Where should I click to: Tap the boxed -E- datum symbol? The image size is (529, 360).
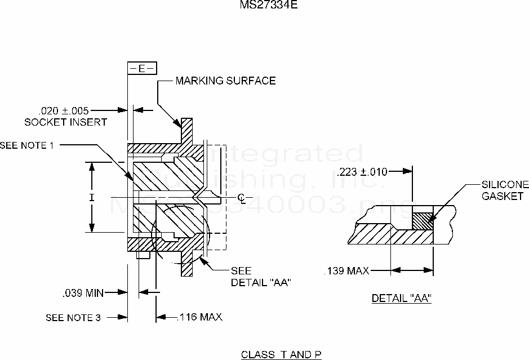142,68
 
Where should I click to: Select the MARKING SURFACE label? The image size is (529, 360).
225,81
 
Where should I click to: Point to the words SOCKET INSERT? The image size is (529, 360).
65,122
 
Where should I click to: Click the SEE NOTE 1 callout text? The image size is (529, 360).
27,145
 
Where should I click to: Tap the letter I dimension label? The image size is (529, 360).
91,197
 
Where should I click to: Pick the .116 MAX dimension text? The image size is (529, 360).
199,317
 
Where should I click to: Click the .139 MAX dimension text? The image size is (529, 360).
347,272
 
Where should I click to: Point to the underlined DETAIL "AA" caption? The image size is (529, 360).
401,299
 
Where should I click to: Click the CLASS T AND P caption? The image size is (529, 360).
281,354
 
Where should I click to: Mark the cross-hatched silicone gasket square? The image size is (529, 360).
423,219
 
